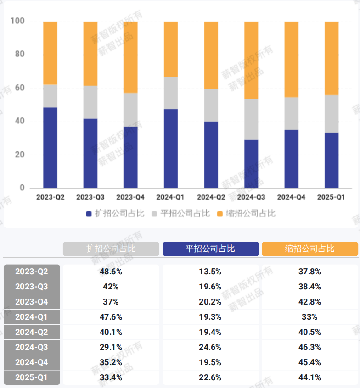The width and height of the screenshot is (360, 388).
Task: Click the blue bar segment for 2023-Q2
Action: [50, 148]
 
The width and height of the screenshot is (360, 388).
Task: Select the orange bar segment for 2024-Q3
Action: [251, 60]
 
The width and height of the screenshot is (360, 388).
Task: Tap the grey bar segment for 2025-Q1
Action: [332, 114]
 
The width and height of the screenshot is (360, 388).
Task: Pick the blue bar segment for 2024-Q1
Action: [171, 149]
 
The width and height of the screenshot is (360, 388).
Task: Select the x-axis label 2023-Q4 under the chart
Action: [130, 197]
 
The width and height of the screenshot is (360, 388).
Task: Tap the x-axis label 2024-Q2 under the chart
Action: [211, 197]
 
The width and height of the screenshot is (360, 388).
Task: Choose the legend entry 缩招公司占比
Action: [246, 213]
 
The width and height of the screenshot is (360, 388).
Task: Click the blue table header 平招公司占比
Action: [210, 249]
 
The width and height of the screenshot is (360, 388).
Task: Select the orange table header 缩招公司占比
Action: [309, 249]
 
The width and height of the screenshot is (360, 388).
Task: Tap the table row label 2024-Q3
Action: [32, 347]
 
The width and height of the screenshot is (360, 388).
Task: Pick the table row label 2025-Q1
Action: [32, 377]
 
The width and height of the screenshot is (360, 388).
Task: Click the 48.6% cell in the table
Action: [111, 272]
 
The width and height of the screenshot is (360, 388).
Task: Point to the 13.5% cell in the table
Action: [210, 272]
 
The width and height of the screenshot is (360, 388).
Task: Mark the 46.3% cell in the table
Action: [309, 347]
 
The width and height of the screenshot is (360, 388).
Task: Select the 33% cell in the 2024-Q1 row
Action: [309, 317]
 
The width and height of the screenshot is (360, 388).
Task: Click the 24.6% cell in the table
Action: [210, 347]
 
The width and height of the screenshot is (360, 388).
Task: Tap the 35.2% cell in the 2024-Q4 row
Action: [111, 362]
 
